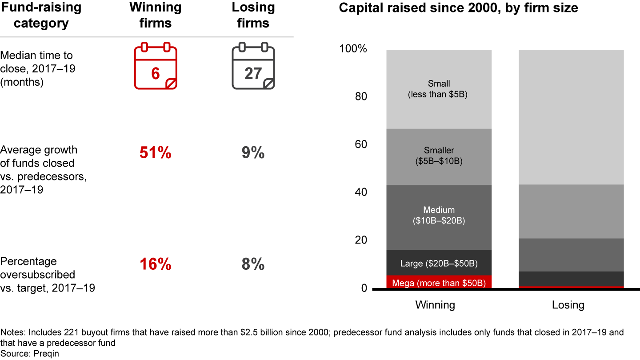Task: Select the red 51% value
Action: [156, 153]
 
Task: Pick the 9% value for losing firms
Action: [253, 153]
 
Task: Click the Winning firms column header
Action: [156, 15]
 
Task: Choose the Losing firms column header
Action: [253, 15]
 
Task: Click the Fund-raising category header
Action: [41, 15]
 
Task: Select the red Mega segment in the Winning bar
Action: [439, 282]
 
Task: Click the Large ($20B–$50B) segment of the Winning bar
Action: [439, 263]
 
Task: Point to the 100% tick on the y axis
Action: [353, 49]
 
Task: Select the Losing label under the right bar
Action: [568, 305]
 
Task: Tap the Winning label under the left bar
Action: [435, 305]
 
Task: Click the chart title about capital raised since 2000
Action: [458, 8]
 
